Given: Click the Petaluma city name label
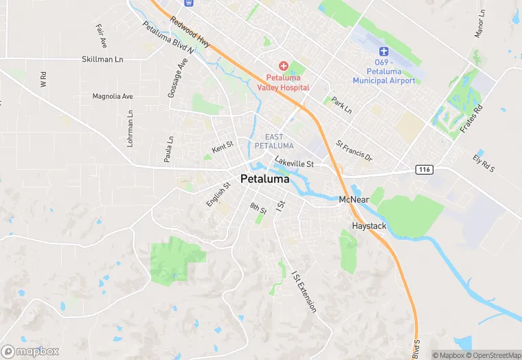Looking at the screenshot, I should point(265,179).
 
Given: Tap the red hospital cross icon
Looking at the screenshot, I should point(283,65).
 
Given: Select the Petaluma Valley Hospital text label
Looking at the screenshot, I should point(283,82).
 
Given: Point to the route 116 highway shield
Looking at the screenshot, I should point(422,168).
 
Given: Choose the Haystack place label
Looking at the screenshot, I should point(370,225).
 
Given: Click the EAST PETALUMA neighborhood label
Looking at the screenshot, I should point(274,142).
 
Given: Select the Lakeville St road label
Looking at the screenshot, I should point(294,164).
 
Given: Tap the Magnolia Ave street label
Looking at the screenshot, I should point(113,97).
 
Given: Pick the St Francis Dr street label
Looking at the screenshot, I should point(354,152).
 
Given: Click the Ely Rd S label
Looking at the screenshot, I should point(484,165).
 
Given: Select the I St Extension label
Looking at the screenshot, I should point(303,292).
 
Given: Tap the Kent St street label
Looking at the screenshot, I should point(223,148).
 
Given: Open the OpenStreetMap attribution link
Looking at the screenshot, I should point(494,355).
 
